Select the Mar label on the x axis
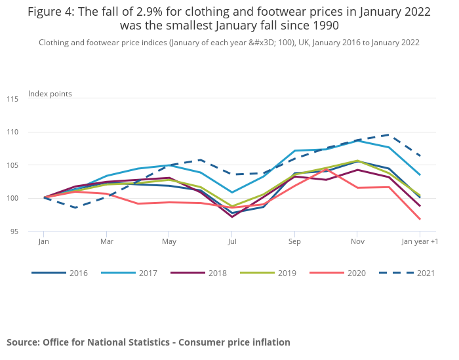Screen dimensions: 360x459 tap(106, 241)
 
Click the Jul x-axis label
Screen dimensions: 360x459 tap(232, 241)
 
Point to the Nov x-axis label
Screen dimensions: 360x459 tap(357, 241)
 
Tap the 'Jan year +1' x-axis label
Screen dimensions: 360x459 tap(420, 241)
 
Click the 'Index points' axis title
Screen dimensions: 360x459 tap(50, 94)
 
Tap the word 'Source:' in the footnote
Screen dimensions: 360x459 tap(23, 342)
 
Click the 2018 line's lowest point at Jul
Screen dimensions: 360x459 tap(232, 216)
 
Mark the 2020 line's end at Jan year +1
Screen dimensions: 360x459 tap(420, 219)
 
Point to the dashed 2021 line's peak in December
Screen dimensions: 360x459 tap(388, 135)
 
